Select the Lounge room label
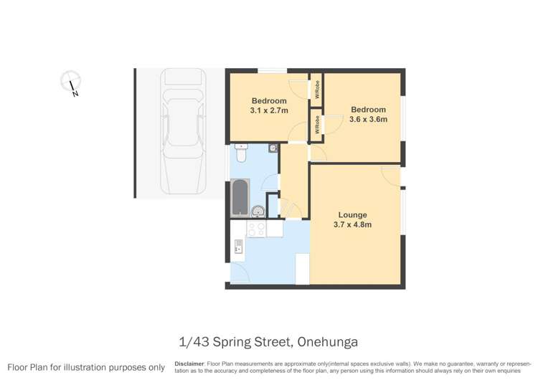pos(353,215)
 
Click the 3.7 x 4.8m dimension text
pos(353,225)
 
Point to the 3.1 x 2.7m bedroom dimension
pos(269,111)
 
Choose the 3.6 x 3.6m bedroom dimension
pos(368,120)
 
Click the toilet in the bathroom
pos(241,153)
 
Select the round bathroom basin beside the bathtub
pos(257,211)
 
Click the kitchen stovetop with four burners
pos(256,229)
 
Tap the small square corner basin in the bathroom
pos(273,148)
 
